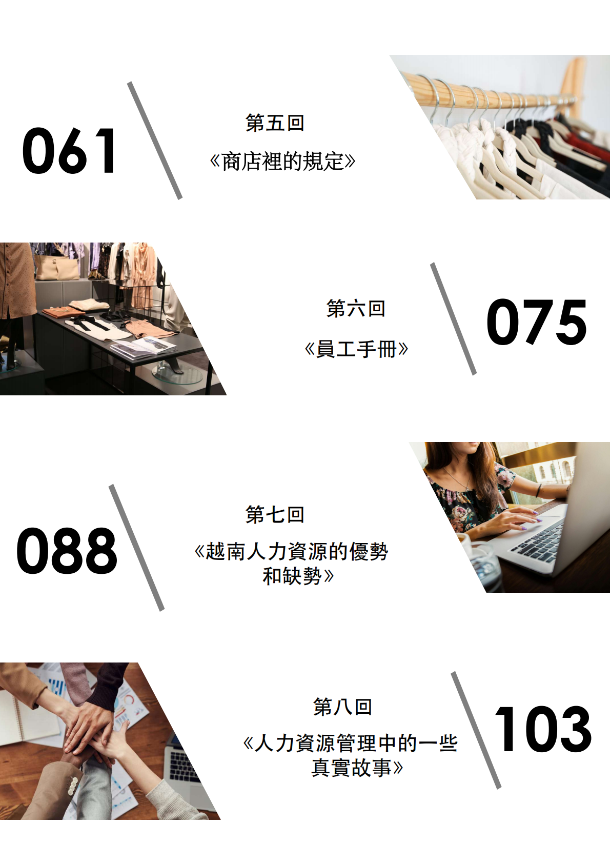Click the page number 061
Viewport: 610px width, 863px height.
[x=69, y=151]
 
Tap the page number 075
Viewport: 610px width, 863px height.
[x=536, y=322]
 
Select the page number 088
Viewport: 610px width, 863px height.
[x=66, y=551]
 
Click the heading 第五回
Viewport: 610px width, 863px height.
[x=275, y=123]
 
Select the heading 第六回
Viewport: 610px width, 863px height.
[x=355, y=308]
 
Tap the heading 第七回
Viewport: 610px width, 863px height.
[x=275, y=514]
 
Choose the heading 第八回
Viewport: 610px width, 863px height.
[x=342, y=707]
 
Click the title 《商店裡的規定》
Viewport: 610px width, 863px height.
[x=282, y=162]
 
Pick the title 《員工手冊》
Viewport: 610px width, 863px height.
[x=356, y=349]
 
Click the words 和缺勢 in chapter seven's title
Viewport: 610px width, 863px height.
[x=292, y=577]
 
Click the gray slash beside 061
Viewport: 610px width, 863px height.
[x=154, y=141]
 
